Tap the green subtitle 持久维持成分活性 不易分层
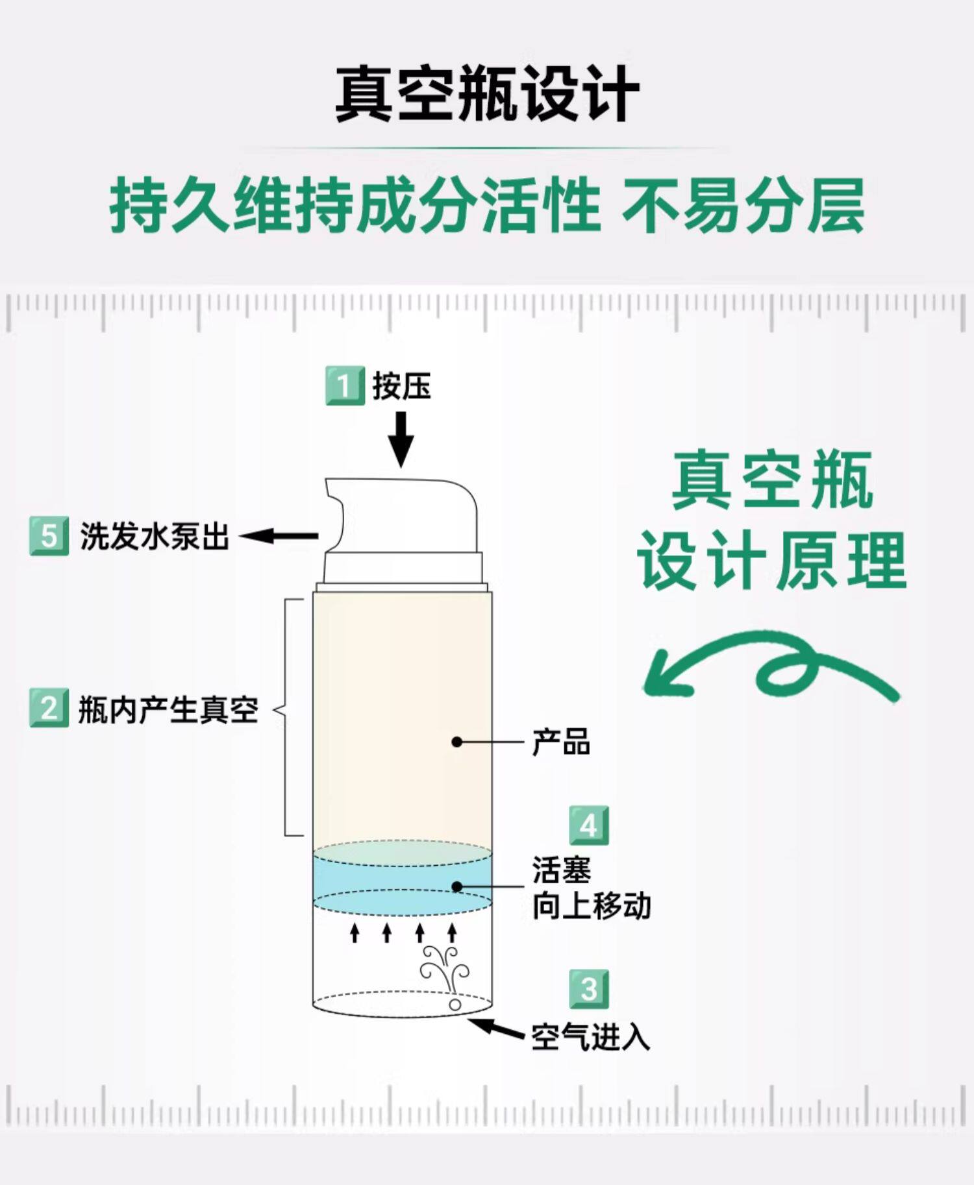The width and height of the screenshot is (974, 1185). pos(487,206)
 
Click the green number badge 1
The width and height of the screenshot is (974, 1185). pos(345,386)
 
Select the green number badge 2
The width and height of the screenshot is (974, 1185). pos(49,708)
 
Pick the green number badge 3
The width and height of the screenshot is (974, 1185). pos(589,990)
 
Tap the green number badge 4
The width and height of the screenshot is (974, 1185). pos(589,825)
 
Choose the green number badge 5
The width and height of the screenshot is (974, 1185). pos(49,536)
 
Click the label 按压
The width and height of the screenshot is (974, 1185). pos(402,386)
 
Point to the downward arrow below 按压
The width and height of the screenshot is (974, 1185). pos(401,439)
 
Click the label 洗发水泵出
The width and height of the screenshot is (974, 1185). pos(155,537)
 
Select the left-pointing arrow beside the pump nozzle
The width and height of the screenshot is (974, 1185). pos(279,536)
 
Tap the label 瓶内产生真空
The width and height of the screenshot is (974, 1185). pos(169,709)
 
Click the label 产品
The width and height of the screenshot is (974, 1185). pos(561,742)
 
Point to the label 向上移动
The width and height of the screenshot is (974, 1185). pos(592,906)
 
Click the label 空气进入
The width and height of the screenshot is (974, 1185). pos(591,1036)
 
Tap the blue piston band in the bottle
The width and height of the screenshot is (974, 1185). pos(402,879)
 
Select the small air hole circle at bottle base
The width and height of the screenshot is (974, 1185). pos(455,1005)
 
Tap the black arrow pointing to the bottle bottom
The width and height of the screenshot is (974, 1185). pos(497,1028)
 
